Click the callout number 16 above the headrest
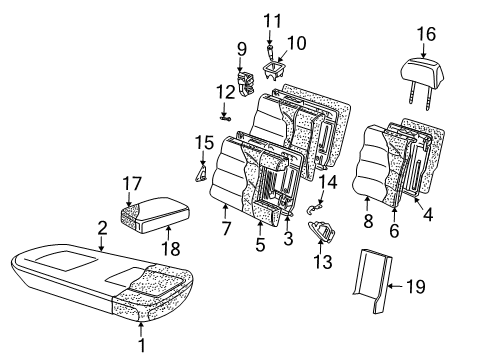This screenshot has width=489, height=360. tap(426, 35)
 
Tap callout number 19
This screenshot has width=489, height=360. tap(416, 287)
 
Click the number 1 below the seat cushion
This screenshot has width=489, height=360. tap(142, 345)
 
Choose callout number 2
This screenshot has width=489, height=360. tap(102, 228)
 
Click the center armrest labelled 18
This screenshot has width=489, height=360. tap(155, 215)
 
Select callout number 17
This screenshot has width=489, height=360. tap(132, 184)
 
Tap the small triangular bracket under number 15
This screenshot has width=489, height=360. tap(201, 173)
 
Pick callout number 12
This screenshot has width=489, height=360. tap(226, 92)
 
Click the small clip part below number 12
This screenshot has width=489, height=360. tap(226, 118)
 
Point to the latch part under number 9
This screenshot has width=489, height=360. tap(246, 83)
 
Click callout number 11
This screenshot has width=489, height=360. tap(273, 21)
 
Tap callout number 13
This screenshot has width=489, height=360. tap(323, 261)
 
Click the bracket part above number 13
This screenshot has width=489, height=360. tap(322, 230)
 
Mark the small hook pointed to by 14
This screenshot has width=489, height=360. tap(314, 209)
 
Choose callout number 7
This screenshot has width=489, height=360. tap(226, 229)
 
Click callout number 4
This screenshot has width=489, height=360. tap(428, 214)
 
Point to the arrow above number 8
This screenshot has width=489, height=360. tap(367, 204)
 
